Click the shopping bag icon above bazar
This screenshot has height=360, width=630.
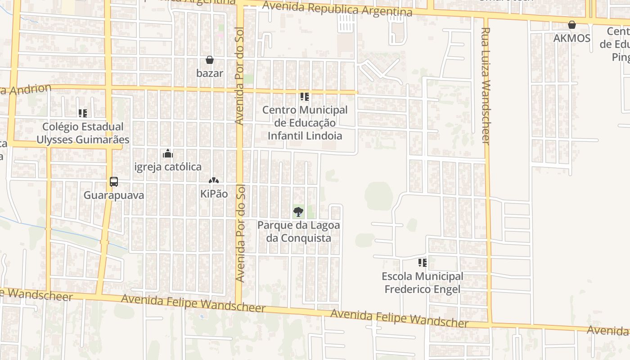click(x=210, y=60)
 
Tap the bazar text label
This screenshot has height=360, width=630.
click(x=210, y=73)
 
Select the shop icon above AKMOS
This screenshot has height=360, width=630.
click(x=571, y=25)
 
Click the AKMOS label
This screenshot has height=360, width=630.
click(x=571, y=38)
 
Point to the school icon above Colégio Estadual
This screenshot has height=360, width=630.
click(x=82, y=113)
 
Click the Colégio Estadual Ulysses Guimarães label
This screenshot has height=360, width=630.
click(x=83, y=133)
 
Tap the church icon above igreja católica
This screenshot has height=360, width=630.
click(x=168, y=153)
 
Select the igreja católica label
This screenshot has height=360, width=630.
click(x=168, y=167)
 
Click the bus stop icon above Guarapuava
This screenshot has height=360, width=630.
click(x=114, y=182)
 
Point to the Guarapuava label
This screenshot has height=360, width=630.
click(x=114, y=195)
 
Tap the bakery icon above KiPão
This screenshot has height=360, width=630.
click(x=214, y=181)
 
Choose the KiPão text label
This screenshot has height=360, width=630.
click(x=214, y=194)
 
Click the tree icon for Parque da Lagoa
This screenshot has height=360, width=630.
click(x=298, y=211)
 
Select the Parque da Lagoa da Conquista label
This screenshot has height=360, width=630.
click(x=299, y=231)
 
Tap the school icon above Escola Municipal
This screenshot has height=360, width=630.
click(x=422, y=262)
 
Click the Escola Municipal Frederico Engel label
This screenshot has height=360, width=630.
click(x=422, y=283)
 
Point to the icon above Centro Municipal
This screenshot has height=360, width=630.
click(x=305, y=96)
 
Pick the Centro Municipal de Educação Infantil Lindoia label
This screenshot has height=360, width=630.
click(x=305, y=123)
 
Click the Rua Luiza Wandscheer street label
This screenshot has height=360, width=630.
click(x=485, y=85)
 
